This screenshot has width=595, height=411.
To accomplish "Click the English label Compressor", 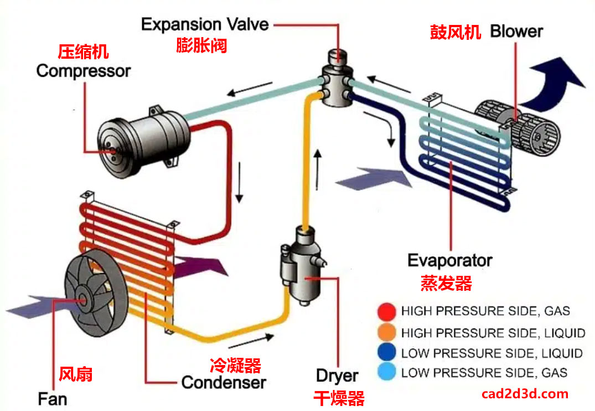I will (84, 71).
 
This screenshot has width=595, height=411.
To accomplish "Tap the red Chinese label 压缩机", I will (84, 53).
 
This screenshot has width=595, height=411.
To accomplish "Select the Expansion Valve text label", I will (204, 24).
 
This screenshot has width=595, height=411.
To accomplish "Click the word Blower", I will (516, 32).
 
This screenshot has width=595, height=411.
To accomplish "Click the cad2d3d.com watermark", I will (525, 394).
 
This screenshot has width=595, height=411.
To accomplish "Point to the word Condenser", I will (224, 382).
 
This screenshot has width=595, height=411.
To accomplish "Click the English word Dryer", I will (337, 376).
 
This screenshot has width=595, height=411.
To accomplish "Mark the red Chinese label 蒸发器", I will (446, 284).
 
